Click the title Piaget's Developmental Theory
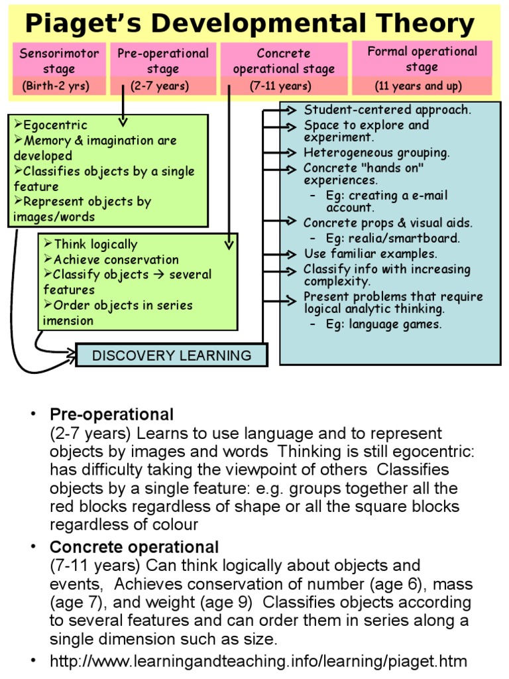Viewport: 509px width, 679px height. tap(249, 25)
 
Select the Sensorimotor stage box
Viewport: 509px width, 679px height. tap(60, 60)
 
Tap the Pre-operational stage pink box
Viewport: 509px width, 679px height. tap(163, 60)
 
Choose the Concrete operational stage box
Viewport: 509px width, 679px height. tap(284, 60)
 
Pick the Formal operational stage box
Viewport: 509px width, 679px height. tap(422, 59)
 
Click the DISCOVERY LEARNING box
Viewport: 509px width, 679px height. tap(172, 355)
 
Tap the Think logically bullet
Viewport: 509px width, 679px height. tap(95, 244)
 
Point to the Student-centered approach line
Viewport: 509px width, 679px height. tap(387, 110)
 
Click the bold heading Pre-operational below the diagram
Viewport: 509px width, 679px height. tap(111, 415)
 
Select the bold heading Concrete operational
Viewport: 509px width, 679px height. tap(134, 548)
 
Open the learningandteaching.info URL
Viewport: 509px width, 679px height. tap(258, 661)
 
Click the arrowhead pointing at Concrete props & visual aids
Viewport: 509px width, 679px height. tap(293, 222)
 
